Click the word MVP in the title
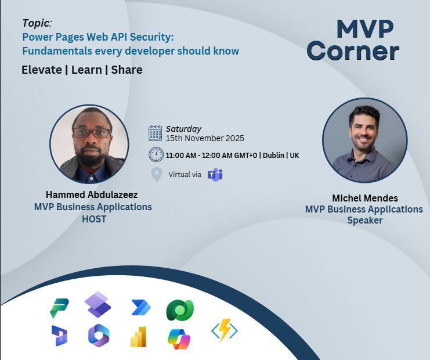pos(365,28)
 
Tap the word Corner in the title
pos(353,51)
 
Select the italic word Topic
pos(37,23)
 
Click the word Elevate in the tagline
pos(41,70)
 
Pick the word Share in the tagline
pos(127,70)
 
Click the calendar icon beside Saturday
pos(155,134)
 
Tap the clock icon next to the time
pos(156,154)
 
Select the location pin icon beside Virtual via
pos(156,174)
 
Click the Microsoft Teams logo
pos(215,174)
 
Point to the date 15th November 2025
pos(205,139)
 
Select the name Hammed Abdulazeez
pos(92,195)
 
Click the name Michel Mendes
pos(364,198)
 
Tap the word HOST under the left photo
pos(93,219)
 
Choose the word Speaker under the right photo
pos(364,221)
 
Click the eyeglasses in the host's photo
pos(91,132)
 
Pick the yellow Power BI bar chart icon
pos(139,337)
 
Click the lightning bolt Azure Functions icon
pos(224,330)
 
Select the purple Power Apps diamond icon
pos(97,304)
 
